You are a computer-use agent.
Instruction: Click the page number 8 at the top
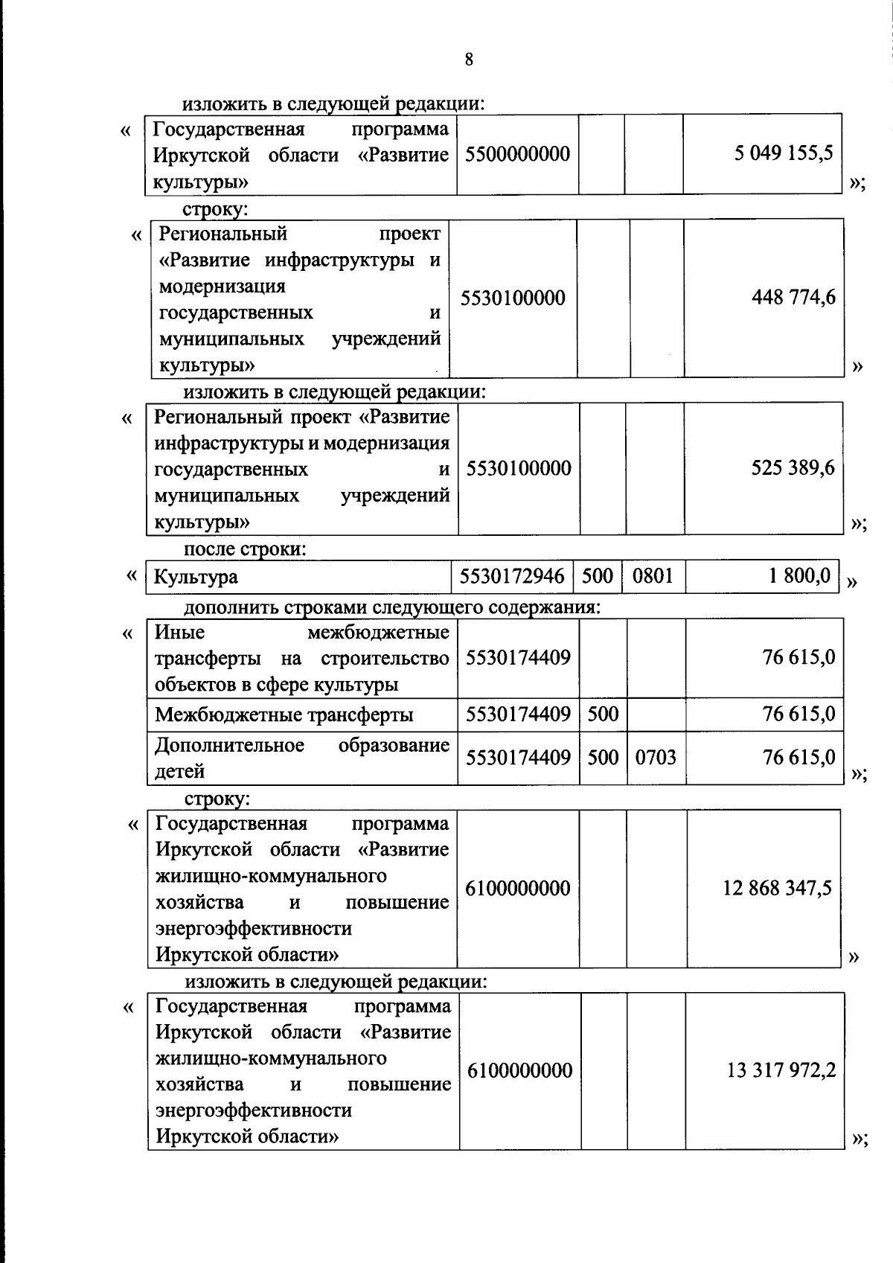468,60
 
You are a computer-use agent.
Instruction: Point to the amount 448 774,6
793,298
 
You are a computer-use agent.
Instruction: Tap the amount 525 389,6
793,468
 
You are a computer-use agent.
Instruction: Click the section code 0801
653,576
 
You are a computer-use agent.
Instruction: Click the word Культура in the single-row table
196,577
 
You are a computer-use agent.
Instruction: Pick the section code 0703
655,758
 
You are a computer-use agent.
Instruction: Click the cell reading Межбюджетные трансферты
284,715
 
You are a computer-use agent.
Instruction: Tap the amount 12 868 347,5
777,889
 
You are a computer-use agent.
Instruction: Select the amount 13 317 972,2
781,1071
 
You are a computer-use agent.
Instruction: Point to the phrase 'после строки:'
246,549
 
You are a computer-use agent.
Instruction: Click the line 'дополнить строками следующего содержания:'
391,607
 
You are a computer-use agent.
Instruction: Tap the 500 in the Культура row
597,576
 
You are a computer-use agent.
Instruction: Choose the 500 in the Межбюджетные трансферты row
602,714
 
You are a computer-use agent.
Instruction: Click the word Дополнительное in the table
229,746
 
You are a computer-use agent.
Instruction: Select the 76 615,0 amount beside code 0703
798,758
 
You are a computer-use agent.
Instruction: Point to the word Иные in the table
179,633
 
